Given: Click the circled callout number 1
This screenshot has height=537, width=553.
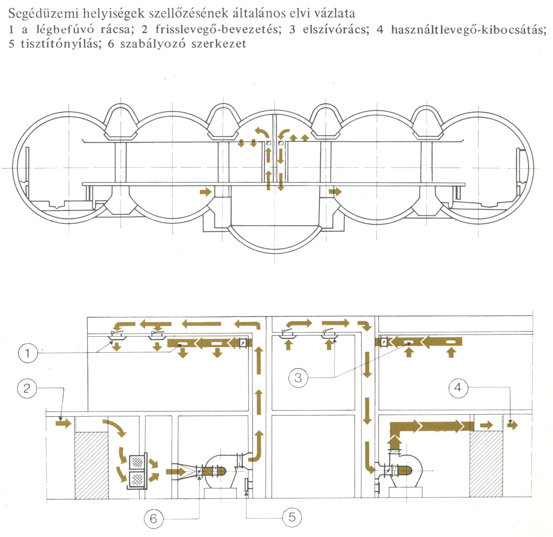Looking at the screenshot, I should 27,353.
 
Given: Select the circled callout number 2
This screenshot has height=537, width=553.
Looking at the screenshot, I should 27,389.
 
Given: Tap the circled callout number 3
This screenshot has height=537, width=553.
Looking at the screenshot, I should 298,377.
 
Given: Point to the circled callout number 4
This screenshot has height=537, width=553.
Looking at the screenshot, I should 458,387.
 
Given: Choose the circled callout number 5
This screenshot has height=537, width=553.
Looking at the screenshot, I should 292,517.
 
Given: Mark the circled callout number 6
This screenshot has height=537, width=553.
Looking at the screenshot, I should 153,518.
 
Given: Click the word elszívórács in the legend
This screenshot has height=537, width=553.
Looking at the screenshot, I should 336,29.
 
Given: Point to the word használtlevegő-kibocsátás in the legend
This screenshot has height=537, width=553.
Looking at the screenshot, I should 468,29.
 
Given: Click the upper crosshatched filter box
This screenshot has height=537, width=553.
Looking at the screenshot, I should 137,462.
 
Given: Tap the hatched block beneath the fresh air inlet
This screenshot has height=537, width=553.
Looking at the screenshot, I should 92,465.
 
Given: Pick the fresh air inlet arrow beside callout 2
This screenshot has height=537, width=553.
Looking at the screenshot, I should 63,423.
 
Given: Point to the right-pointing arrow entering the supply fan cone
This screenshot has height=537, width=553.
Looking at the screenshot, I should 176,472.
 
